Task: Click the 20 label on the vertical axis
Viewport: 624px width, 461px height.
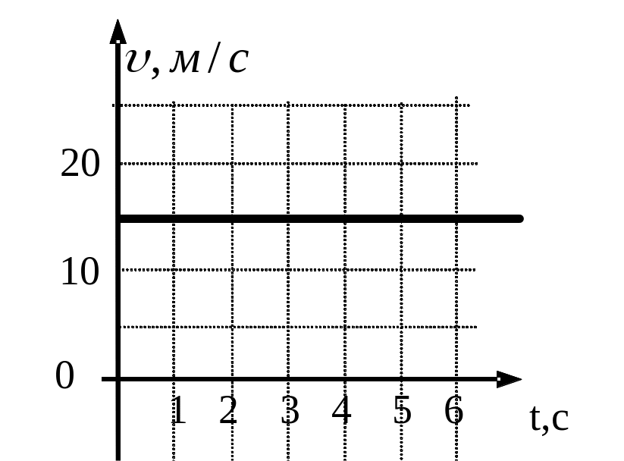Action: pyautogui.click(x=80, y=164)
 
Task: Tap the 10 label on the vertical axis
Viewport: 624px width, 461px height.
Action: pyautogui.click(x=80, y=271)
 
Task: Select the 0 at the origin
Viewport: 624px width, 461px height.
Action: pyautogui.click(x=65, y=377)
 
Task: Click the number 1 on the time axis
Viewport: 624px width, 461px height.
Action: pyautogui.click(x=178, y=411)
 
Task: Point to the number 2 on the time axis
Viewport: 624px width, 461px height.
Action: pyautogui.click(x=228, y=411)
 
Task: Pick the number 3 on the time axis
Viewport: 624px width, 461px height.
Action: pyautogui.click(x=290, y=411)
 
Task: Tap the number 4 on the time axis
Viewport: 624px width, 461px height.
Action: pyautogui.click(x=342, y=411)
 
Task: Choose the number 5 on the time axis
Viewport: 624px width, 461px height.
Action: pyautogui.click(x=403, y=411)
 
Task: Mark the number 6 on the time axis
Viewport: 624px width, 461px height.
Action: pyautogui.click(x=453, y=411)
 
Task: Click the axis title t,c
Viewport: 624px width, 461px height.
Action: pyautogui.click(x=549, y=419)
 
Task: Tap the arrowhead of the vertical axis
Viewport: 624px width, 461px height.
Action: pyautogui.click(x=118, y=32)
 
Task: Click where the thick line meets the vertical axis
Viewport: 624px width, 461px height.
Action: pyautogui.click(x=118, y=218)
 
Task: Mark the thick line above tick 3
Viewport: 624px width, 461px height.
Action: pyautogui.click(x=288, y=218)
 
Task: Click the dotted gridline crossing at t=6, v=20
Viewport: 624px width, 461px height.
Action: pyautogui.click(x=456, y=163)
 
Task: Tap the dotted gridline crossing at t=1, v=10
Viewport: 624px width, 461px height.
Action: pyautogui.click(x=174, y=269)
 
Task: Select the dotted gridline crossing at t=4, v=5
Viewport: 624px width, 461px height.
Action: pyautogui.click(x=345, y=327)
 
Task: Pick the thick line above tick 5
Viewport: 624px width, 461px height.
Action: pyautogui.click(x=401, y=218)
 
